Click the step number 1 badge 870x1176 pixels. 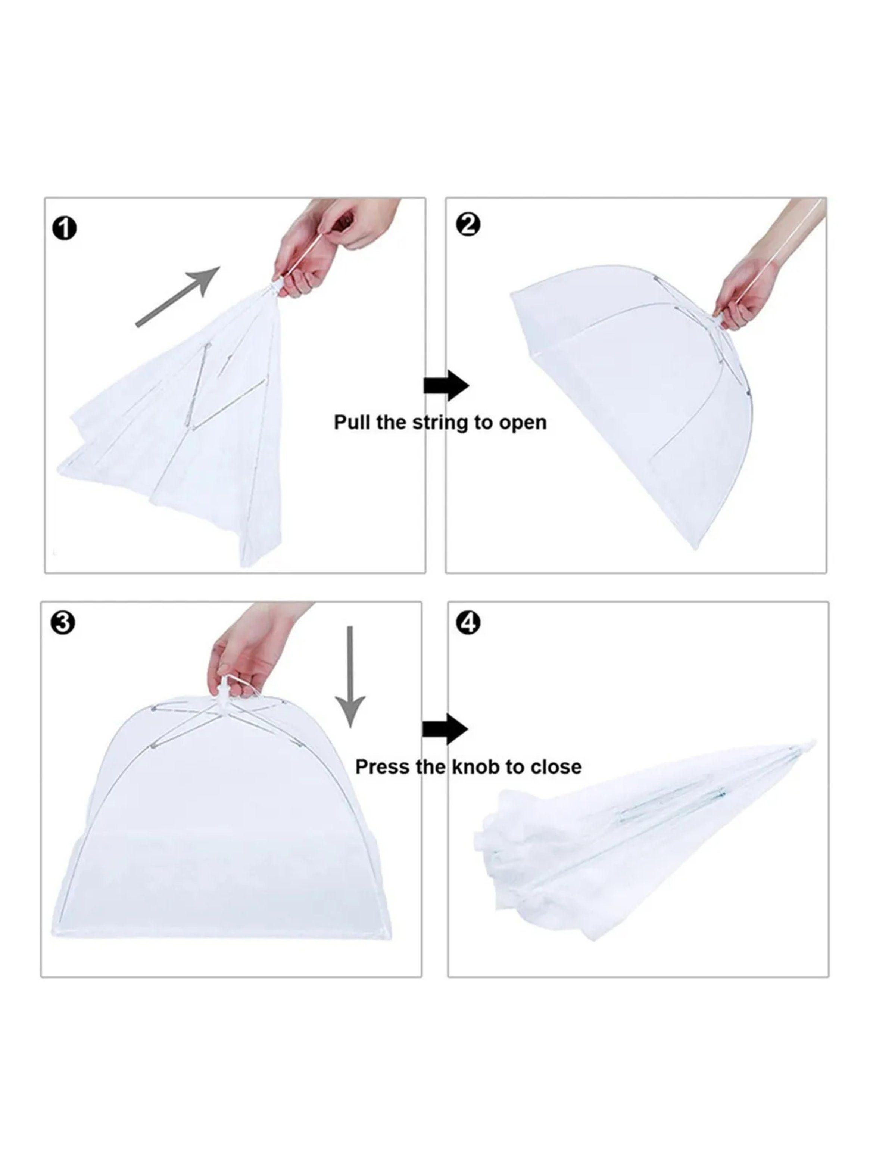(65, 230)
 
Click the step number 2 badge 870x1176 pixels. (469, 227)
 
